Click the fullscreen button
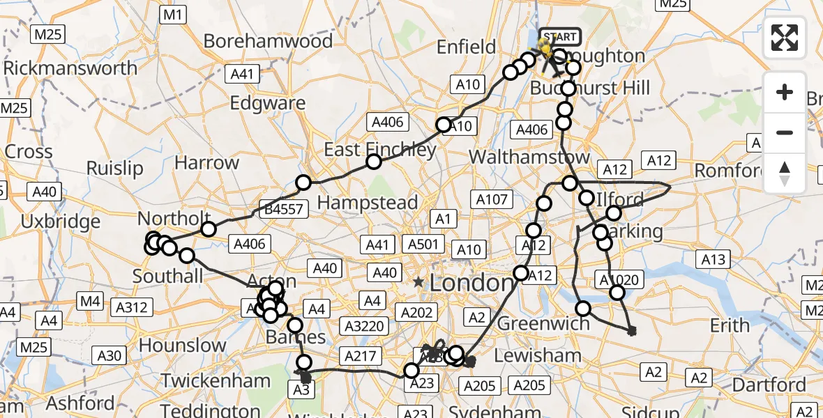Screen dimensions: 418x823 (785, 38)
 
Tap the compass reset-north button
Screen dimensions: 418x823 (785, 173)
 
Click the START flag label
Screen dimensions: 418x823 (559, 37)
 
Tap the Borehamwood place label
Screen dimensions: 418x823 (268, 41)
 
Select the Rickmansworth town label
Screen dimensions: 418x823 (70, 68)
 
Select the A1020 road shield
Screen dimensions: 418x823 (617, 280)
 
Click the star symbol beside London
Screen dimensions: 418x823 (418, 282)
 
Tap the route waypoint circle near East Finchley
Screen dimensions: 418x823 (374, 162)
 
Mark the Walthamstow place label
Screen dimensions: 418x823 (529, 157)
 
